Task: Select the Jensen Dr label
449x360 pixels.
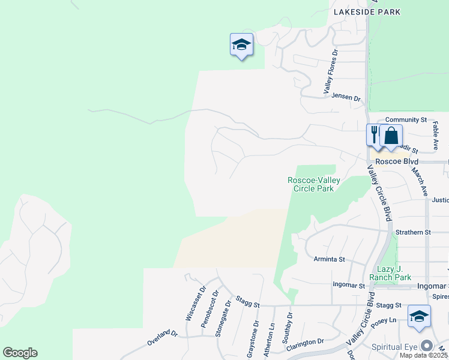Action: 346,97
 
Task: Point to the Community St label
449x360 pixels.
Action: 406,120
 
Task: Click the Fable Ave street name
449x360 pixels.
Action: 436,137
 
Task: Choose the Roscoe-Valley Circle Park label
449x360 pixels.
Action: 313,184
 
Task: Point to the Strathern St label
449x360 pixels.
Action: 413,232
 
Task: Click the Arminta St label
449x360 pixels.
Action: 330,260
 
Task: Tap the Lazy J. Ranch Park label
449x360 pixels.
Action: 394,273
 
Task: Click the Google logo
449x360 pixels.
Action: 20,353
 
